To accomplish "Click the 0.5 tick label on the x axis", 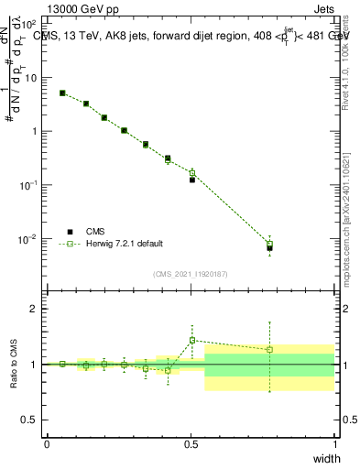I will tap(191, 444).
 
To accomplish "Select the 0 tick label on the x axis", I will tap(47, 444).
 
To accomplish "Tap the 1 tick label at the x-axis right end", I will tap(334, 444).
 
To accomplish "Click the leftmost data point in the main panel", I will tap(62, 93).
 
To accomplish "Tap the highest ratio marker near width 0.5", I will tap(192, 340).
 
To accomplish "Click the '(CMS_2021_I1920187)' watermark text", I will tap(191, 273).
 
